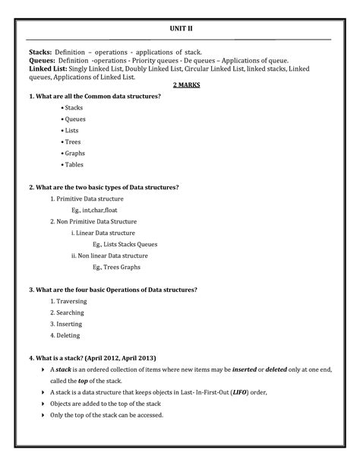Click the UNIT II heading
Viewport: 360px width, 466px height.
click(x=181, y=27)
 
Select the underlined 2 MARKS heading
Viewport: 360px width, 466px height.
click(x=187, y=86)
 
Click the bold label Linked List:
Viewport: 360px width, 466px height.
click(x=53, y=68)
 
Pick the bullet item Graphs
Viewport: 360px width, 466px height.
click(x=74, y=153)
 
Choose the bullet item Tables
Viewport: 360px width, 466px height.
click(x=74, y=164)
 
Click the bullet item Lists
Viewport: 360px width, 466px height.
click(x=73, y=130)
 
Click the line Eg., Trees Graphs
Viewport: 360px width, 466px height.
click(x=116, y=267)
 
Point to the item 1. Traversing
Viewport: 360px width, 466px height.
click(x=68, y=301)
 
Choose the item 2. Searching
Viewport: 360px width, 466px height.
click(x=68, y=312)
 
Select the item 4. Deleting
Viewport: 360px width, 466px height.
click(x=65, y=335)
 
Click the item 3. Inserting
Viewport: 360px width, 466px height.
click(x=67, y=324)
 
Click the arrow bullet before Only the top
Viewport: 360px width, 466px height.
click(x=43, y=415)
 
